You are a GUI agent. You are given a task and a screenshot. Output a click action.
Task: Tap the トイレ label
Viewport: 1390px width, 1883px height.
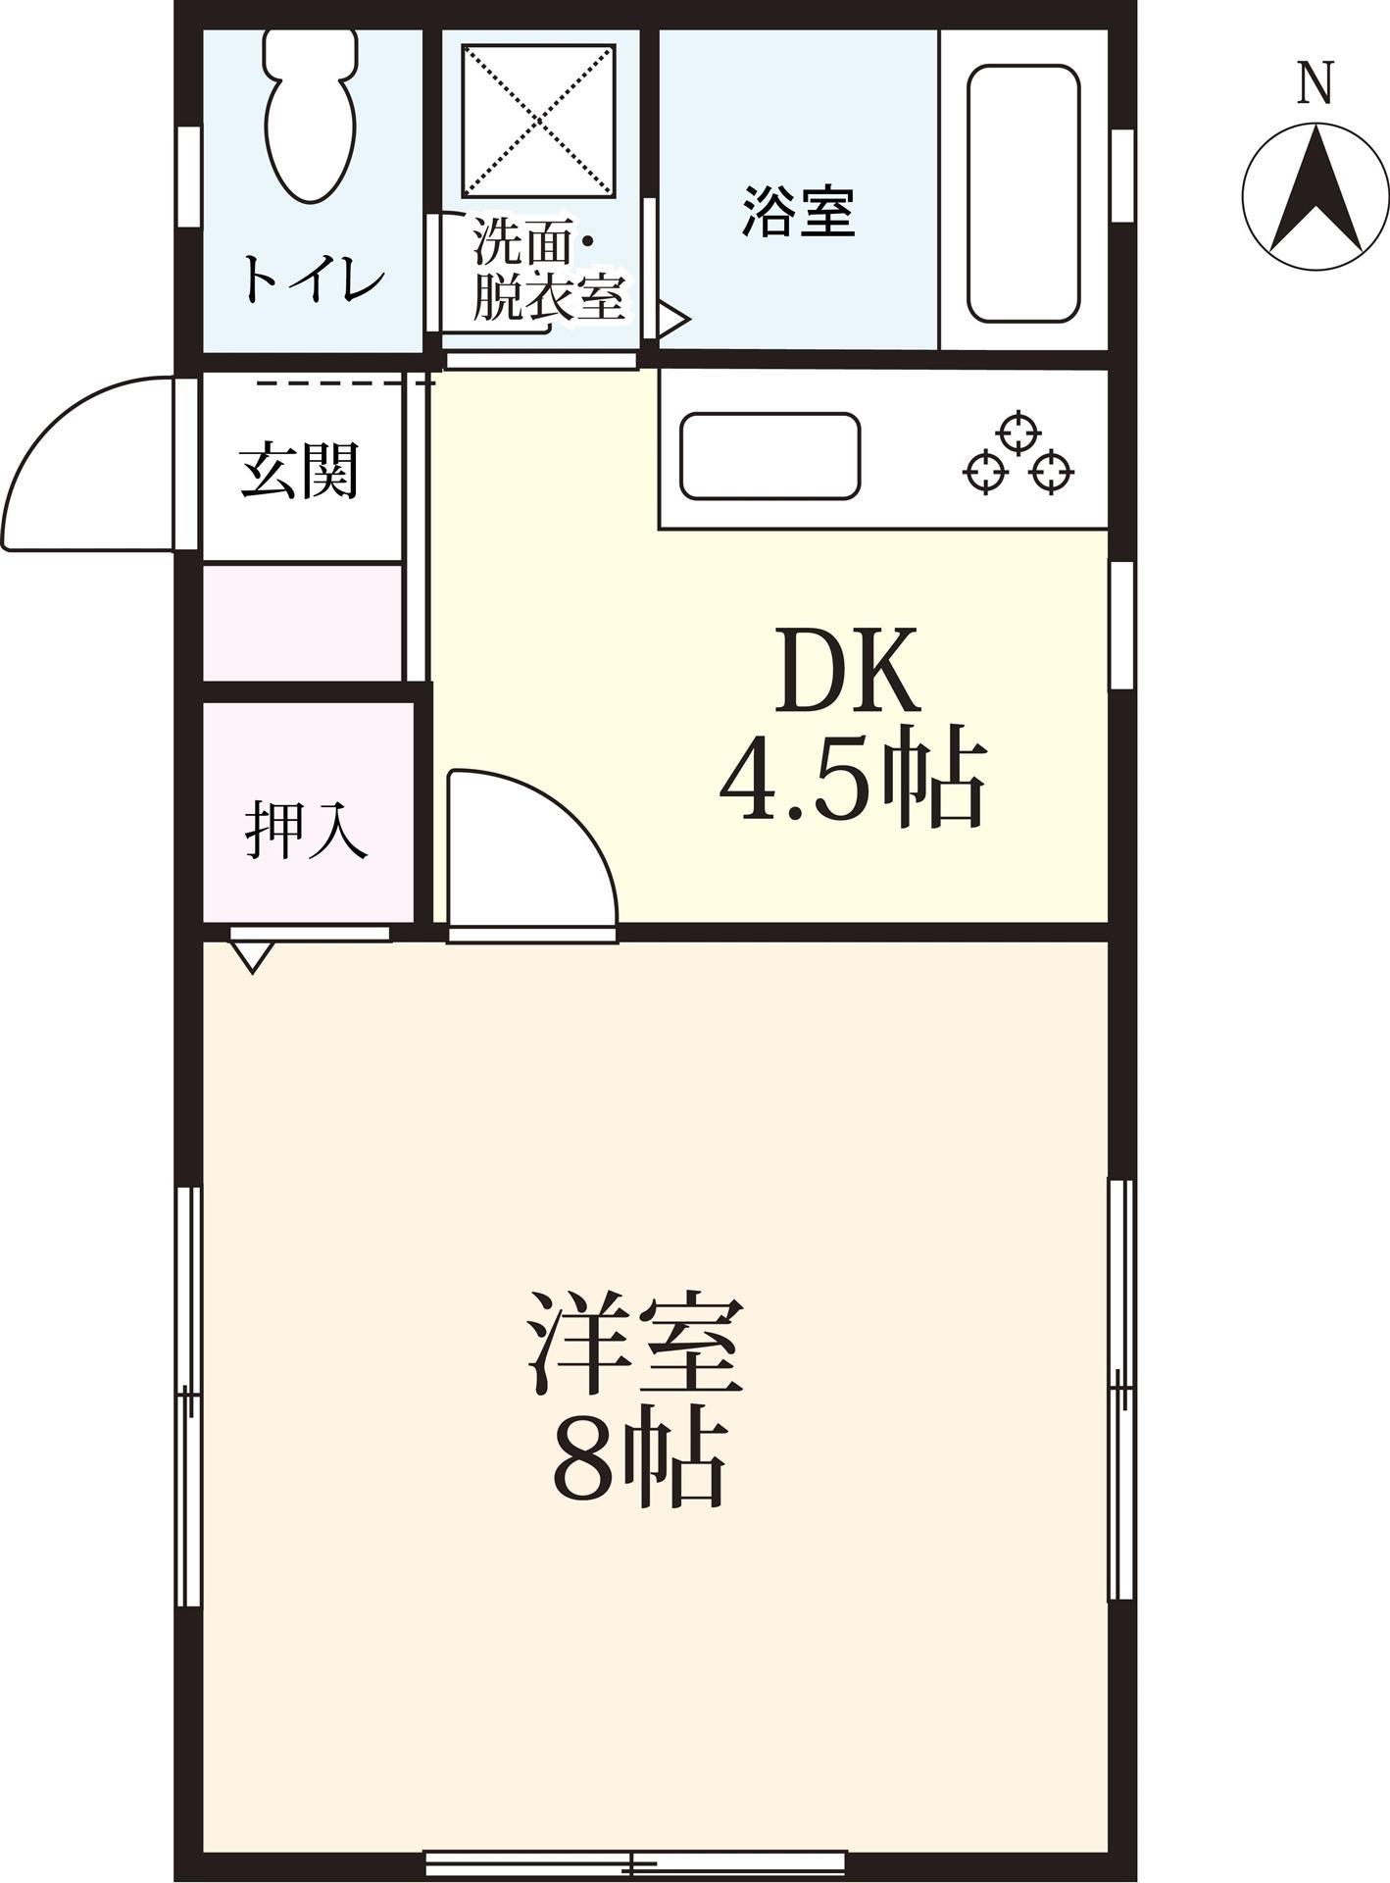312,280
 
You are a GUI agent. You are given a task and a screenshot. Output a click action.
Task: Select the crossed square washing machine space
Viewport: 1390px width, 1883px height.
538,120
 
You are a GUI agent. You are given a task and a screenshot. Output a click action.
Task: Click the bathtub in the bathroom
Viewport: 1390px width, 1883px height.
1022,193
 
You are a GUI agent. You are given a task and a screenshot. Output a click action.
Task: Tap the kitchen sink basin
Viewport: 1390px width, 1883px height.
769,455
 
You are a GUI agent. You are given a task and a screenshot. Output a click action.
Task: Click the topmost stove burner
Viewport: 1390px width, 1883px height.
1018,433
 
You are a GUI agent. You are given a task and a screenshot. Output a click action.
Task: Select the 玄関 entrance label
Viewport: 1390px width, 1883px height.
300,473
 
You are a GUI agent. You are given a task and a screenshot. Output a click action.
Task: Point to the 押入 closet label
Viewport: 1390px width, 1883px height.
306,831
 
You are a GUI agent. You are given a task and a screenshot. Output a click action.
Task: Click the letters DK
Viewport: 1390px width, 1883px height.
848,671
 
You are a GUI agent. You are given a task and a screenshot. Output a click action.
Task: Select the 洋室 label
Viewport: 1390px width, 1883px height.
635,1344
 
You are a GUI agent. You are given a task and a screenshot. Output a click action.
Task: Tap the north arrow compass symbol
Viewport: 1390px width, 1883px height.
1316,194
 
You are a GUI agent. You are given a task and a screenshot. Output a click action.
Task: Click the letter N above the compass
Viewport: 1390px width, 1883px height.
1316,83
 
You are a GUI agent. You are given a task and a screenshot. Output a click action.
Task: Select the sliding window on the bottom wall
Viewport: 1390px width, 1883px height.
635,1860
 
